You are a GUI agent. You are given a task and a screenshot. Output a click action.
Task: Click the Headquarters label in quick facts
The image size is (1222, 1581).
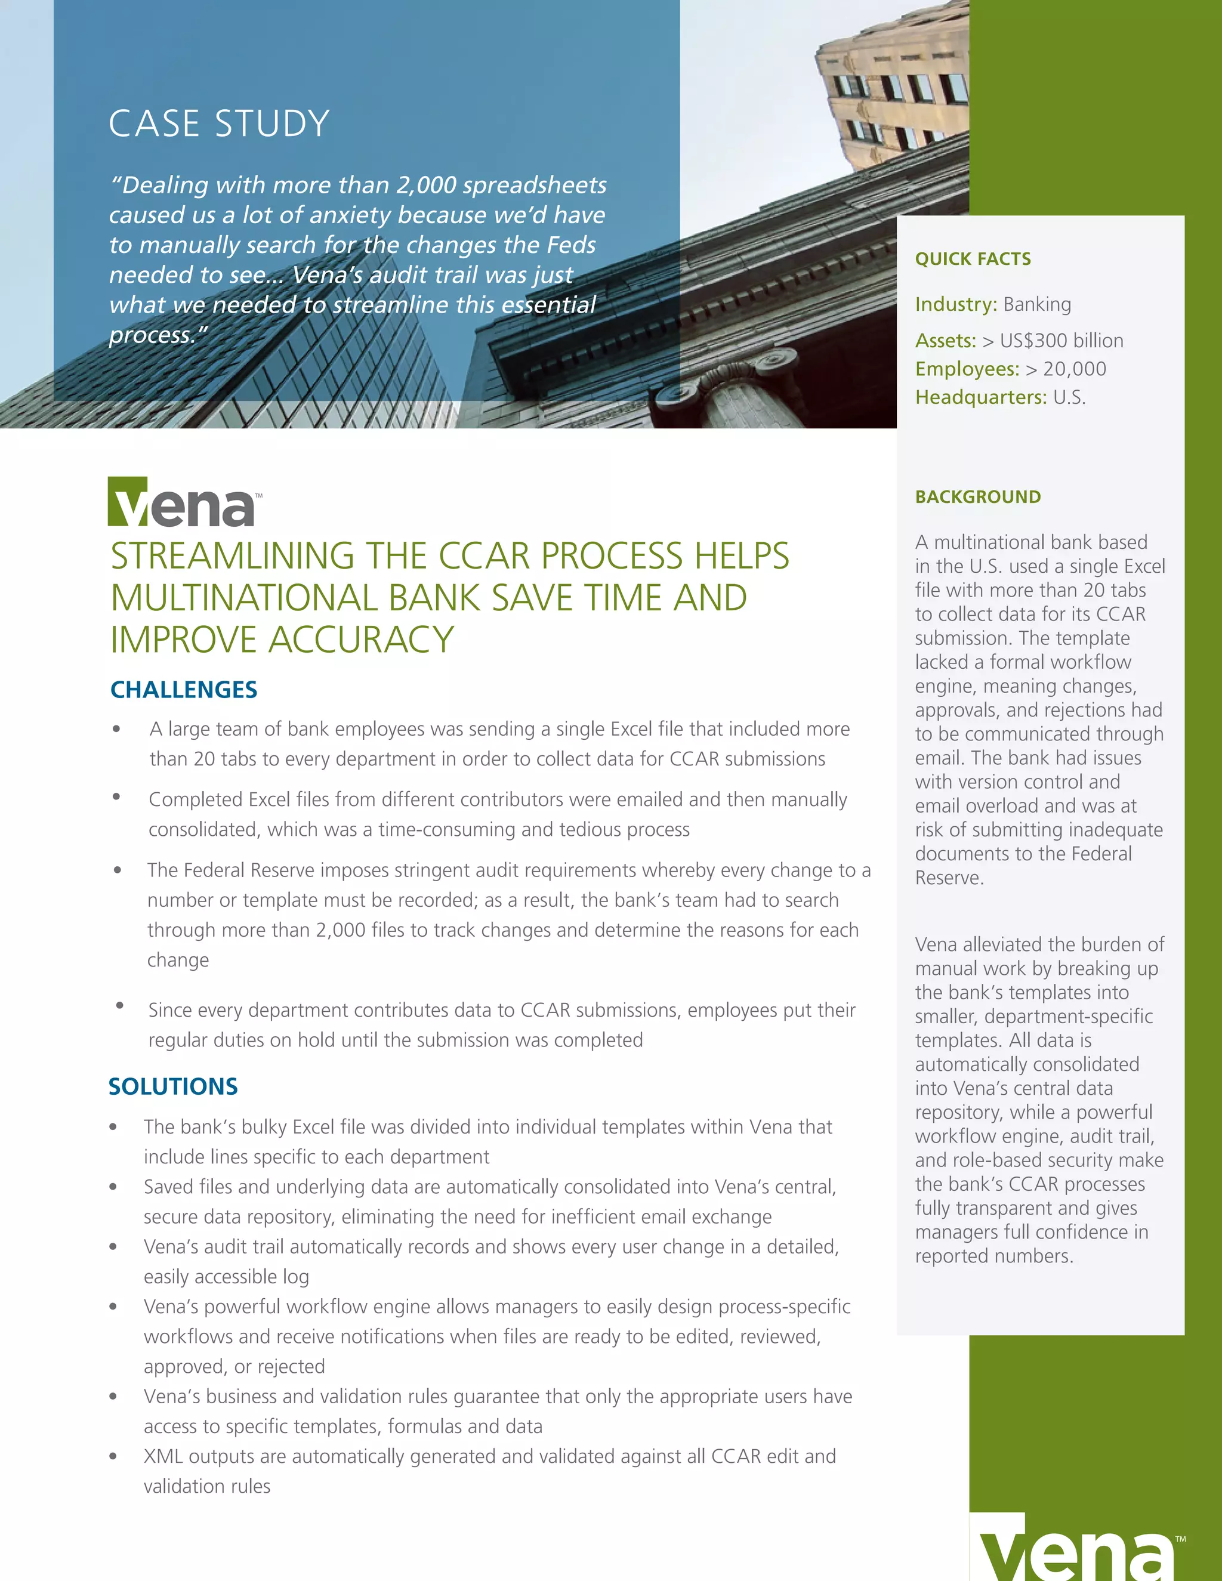tap(980, 397)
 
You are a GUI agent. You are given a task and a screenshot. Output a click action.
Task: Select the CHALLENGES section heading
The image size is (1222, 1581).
tap(183, 690)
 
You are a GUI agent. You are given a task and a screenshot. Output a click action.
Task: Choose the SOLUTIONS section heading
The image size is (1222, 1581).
tap(173, 1086)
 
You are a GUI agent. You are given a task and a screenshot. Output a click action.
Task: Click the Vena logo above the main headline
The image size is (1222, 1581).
tap(184, 502)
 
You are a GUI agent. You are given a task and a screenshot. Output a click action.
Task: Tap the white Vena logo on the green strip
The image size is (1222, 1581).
tap(1077, 1549)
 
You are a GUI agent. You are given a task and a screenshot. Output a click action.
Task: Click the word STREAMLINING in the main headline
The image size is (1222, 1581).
tap(232, 556)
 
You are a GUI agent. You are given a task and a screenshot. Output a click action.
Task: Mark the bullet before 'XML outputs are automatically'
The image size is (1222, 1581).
tap(113, 1456)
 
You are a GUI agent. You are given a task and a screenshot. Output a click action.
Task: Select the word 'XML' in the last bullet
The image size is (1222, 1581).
tap(163, 1456)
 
